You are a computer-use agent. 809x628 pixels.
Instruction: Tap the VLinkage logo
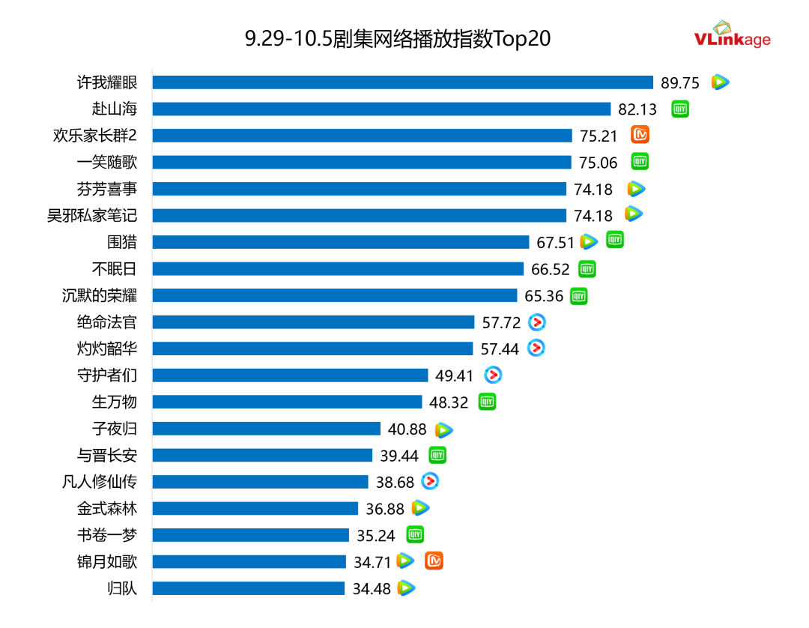tap(732, 36)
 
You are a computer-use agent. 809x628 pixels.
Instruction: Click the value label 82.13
tap(637, 109)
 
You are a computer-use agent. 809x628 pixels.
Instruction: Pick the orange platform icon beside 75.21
tap(640, 135)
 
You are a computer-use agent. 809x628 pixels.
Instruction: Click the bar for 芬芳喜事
tap(360, 189)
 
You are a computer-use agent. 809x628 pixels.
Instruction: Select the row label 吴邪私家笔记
tap(92, 216)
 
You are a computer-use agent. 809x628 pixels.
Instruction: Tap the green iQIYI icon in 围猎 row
tap(615, 240)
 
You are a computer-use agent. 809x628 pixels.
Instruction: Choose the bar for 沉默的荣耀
tap(335, 295)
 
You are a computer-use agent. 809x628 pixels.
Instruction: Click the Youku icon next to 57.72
tap(537, 322)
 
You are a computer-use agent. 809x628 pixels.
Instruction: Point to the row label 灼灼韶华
tap(107, 348)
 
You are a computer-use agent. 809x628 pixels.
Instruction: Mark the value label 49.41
tap(455, 375)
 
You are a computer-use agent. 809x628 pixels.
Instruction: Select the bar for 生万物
tap(288, 402)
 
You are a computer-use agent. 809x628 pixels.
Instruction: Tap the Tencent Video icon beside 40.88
tap(444, 429)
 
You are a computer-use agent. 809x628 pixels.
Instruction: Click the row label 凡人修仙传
tap(100, 482)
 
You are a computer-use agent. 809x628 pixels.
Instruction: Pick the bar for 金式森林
tap(255, 508)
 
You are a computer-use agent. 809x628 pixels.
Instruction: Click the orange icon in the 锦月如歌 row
tap(434, 561)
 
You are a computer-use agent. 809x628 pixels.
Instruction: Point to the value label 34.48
tap(372, 589)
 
